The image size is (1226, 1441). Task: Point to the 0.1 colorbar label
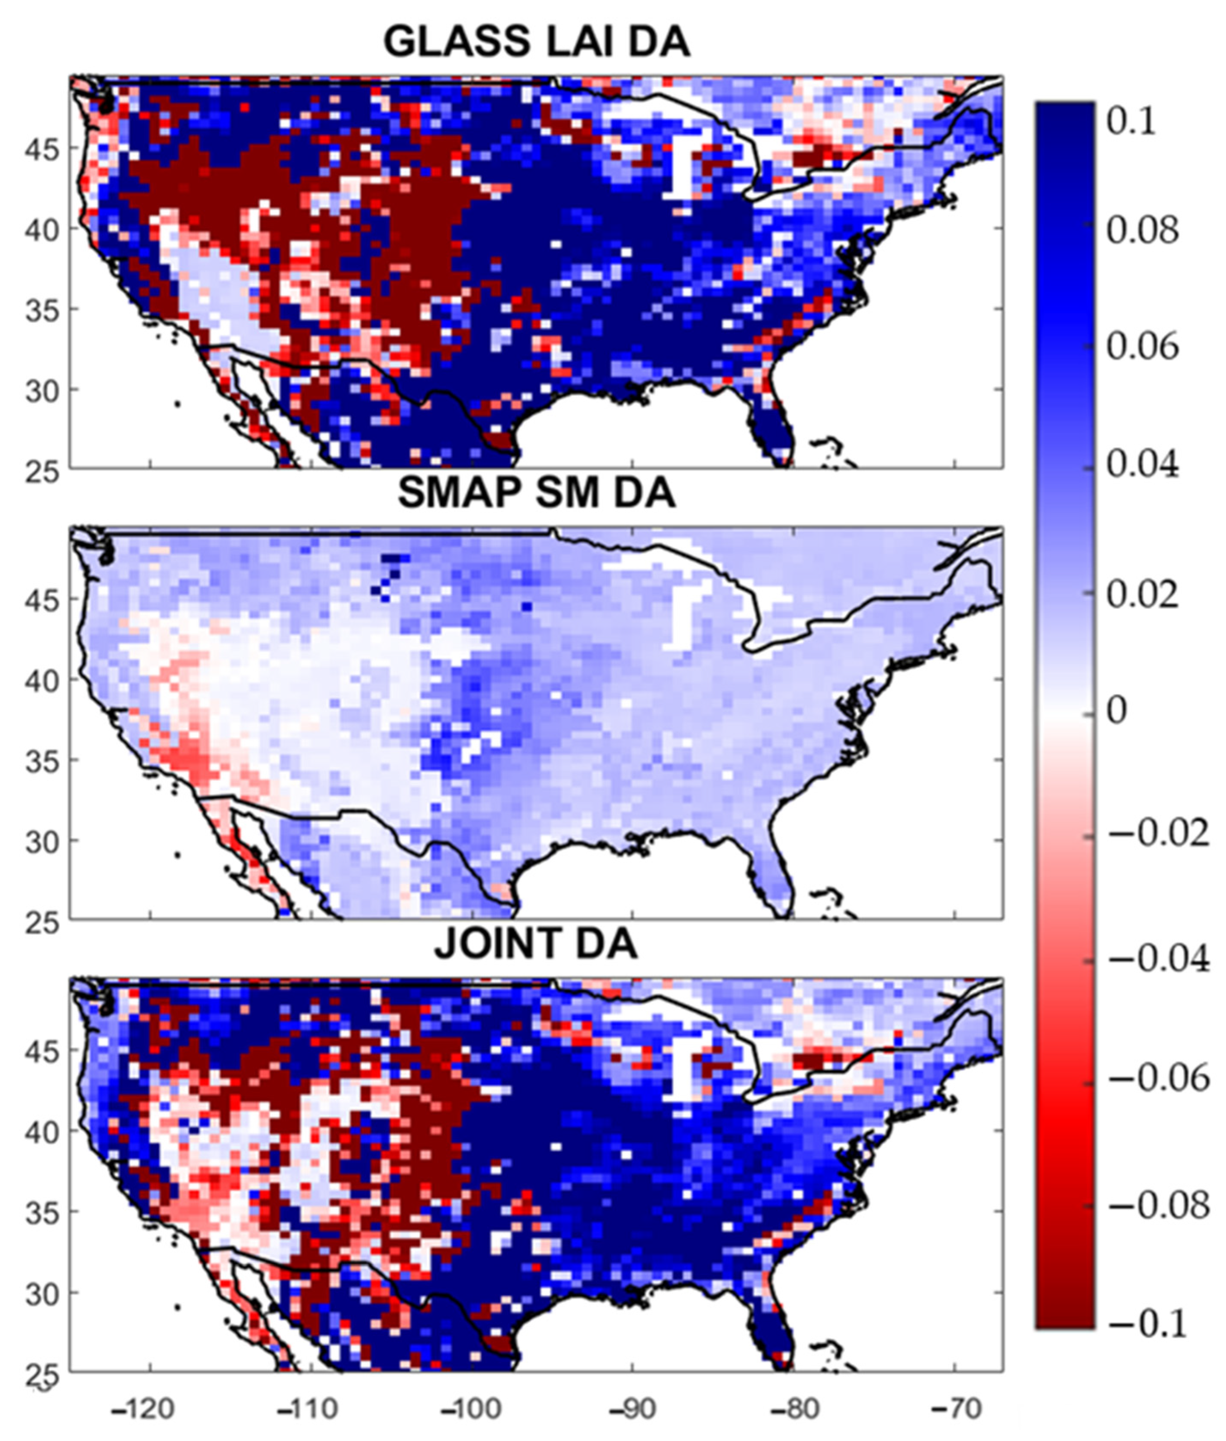tap(1131, 122)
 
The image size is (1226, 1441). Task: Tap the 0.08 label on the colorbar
tap(1142, 230)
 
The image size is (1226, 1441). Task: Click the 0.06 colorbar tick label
tap(1142, 345)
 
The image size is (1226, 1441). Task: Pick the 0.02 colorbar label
tap(1142, 595)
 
